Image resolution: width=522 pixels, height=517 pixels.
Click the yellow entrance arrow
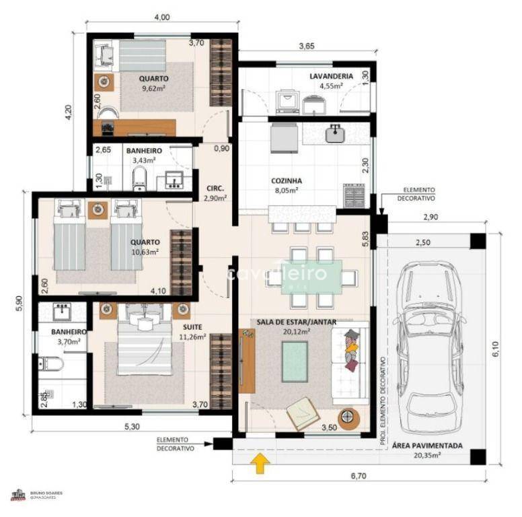tap(260, 463)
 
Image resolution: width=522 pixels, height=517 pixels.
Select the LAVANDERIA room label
tap(327, 76)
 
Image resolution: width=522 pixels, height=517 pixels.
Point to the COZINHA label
tap(287, 180)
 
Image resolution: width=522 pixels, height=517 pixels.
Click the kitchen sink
tap(335, 133)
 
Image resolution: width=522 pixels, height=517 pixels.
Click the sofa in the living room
tap(350, 360)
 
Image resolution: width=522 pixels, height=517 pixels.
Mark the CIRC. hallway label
tap(215, 188)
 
